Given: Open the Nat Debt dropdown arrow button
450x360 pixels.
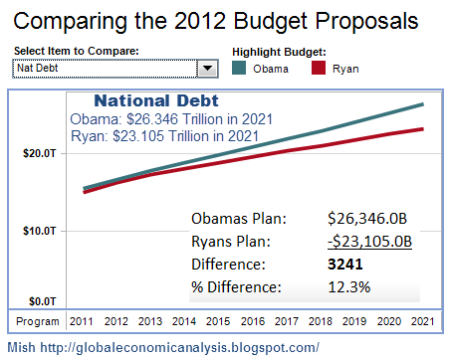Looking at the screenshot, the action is [x=208, y=69].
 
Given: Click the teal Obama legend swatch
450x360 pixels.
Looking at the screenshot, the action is [x=239, y=68].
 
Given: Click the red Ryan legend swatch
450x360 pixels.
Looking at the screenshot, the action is [x=319, y=68].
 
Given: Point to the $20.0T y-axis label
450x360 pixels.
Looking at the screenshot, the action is [x=40, y=153].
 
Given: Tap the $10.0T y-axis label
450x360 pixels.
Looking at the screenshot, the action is [x=40, y=231].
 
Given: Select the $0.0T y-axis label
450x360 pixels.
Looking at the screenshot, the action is [x=43, y=301].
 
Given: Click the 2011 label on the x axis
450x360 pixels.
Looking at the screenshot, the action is [x=81, y=321].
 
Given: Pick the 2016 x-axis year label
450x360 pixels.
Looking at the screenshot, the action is [x=253, y=321].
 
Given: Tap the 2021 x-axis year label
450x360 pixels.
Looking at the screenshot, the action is [x=422, y=321].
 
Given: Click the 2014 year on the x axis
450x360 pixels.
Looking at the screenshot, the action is [x=184, y=321].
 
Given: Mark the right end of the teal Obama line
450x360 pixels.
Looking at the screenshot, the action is [x=423, y=104].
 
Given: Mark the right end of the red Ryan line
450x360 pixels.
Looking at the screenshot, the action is [x=423, y=129].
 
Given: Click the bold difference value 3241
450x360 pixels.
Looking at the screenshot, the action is [x=345, y=265].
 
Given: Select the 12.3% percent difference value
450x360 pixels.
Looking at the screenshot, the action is [x=349, y=287].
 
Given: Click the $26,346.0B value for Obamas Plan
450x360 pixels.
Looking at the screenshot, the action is [x=367, y=219].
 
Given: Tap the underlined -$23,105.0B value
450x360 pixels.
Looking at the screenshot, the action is [x=369, y=242].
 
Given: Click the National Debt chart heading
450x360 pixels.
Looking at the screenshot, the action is [x=156, y=100].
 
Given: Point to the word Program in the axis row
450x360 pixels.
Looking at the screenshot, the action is [x=38, y=321].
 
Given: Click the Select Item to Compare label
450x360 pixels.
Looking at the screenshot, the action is [x=77, y=51].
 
